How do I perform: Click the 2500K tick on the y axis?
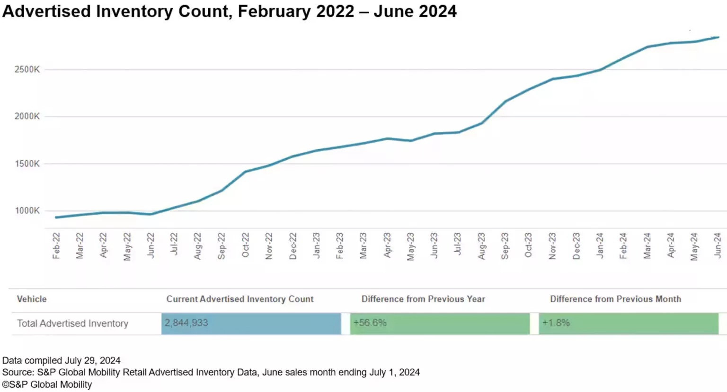pyautogui.click(x=27, y=70)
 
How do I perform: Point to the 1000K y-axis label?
pyautogui.click(x=27, y=211)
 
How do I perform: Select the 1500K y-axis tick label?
pyautogui.click(x=27, y=164)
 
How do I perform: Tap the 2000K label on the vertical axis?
pyautogui.click(x=27, y=117)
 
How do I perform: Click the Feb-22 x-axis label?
pyautogui.click(x=56, y=246)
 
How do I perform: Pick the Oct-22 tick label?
pyautogui.click(x=245, y=245)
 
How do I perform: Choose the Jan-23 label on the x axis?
pyautogui.click(x=316, y=245)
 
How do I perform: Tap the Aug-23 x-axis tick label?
pyautogui.click(x=481, y=246)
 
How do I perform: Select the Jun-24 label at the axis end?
pyautogui.click(x=718, y=245)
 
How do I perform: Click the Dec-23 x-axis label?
pyautogui.click(x=576, y=246)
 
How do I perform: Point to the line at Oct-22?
pyautogui.click(x=245, y=172)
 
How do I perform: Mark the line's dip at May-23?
pyautogui.click(x=410, y=141)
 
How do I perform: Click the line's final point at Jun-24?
pyautogui.click(x=718, y=37)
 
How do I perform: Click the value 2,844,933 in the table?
pyautogui.click(x=186, y=323)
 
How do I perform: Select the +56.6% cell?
pyautogui.click(x=370, y=323)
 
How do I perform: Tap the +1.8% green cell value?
pyautogui.click(x=556, y=323)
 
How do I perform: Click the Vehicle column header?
pyautogui.click(x=32, y=299)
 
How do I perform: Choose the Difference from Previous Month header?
pyautogui.click(x=615, y=299)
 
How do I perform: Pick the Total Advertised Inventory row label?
pyautogui.click(x=73, y=324)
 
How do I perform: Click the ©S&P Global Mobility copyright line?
pyautogui.click(x=47, y=385)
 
